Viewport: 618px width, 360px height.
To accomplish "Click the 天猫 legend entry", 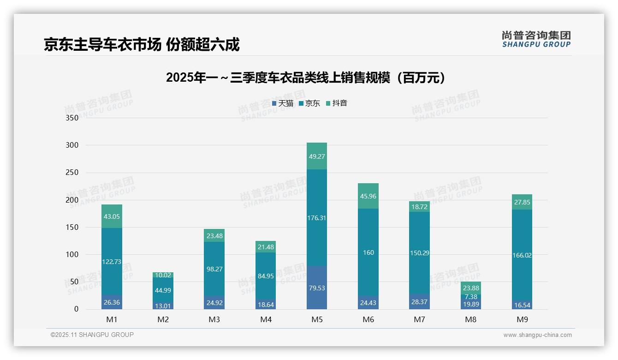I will tap(283, 103).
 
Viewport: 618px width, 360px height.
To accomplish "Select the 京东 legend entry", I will tap(309, 103).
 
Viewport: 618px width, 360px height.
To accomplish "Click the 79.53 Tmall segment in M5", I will tap(317, 288).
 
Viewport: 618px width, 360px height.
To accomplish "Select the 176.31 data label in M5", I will tap(317, 218).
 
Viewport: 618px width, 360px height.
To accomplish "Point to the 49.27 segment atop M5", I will tap(317, 156).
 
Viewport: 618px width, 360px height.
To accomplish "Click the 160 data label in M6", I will tap(368, 252).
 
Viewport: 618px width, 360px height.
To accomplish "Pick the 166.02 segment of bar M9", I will tap(522, 255).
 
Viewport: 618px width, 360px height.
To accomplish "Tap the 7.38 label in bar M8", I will tap(471, 297).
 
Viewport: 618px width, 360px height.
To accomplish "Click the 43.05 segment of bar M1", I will tap(112, 216).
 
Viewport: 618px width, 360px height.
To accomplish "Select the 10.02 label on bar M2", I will tap(163, 275).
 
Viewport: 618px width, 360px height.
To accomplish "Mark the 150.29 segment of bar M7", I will tap(420, 253).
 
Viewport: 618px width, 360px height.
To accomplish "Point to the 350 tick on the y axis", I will tap(72, 118).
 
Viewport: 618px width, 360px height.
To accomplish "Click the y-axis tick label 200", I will tap(72, 200).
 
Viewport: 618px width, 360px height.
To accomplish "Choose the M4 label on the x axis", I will tap(266, 319).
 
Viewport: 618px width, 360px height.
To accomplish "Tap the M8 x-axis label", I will tap(471, 319).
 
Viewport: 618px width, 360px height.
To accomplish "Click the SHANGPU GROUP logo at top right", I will tap(536, 39).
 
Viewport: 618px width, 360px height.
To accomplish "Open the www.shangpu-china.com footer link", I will tap(537, 335).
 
